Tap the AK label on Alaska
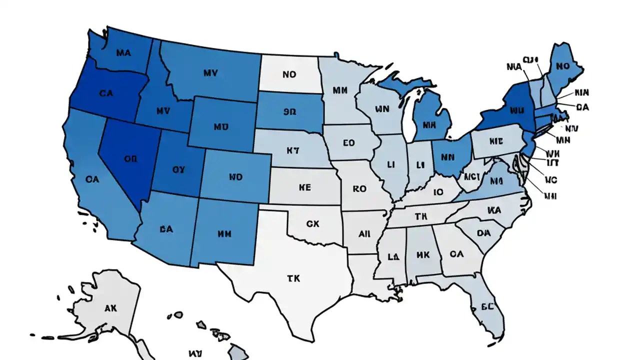pyautogui.click(x=110, y=308)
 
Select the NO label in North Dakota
pyautogui.click(x=289, y=74)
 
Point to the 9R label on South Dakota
pyautogui.click(x=289, y=112)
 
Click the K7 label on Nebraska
pyautogui.click(x=292, y=149)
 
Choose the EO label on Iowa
pyautogui.click(x=348, y=143)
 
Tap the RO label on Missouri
pyautogui.click(x=359, y=189)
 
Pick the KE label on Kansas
pyautogui.click(x=304, y=187)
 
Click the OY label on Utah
pyautogui.click(x=178, y=169)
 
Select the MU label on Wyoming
pyautogui.click(x=220, y=127)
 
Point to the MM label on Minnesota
pyautogui.click(x=339, y=90)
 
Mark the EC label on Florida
pyautogui.click(x=486, y=306)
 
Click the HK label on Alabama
pyautogui.click(x=422, y=254)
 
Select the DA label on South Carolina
pyautogui.click(x=483, y=233)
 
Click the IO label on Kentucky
pyautogui.click(x=438, y=191)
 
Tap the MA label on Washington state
pyautogui.click(x=122, y=52)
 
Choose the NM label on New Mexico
pyautogui.click(x=224, y=233)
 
